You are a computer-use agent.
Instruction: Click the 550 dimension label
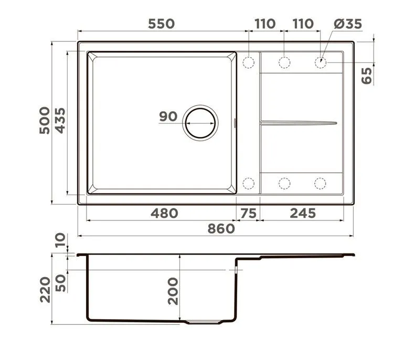point(161,24)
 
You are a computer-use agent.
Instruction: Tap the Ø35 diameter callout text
point(348,24)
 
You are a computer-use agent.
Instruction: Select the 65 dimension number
point(367,76)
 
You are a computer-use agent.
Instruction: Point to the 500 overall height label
point(45,121)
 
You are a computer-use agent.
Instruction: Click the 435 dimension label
point(60,121)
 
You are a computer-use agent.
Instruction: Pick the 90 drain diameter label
point(168,117)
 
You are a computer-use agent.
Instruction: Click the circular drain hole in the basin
point(200,123)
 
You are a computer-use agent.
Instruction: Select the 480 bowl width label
point(164,213)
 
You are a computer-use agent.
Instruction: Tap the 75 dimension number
point(249,213)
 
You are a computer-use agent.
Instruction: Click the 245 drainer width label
point(303,213)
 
